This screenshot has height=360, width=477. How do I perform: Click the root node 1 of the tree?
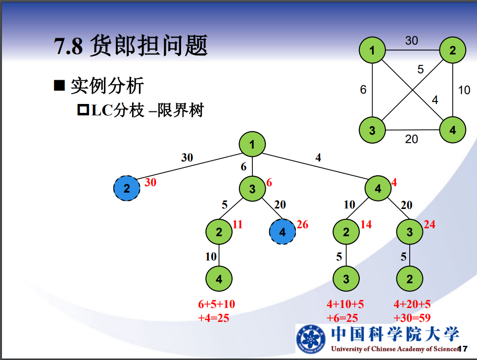pos(252,145)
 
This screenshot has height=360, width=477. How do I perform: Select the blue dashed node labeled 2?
pos(127,188)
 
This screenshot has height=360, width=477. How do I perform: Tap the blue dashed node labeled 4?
pos(283,232)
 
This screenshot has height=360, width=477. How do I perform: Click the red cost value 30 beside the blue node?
pos(150,183)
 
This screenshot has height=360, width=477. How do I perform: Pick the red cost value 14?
pos(366,225)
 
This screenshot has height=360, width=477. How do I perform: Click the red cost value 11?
pos(238,225)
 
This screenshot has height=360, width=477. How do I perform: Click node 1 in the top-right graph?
pos(372,50)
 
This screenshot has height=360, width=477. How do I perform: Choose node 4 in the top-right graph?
pos(453,131)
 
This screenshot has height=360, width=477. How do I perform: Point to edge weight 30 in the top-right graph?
pos(412,41)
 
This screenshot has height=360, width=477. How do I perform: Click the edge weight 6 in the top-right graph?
pos(363,90)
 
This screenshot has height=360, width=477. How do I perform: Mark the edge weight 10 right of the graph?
pos(464,90)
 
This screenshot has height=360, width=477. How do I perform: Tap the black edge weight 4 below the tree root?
pos(318,158)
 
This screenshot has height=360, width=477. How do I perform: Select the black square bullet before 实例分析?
pos(59,85)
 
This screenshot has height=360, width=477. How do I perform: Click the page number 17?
pos(464,348)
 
